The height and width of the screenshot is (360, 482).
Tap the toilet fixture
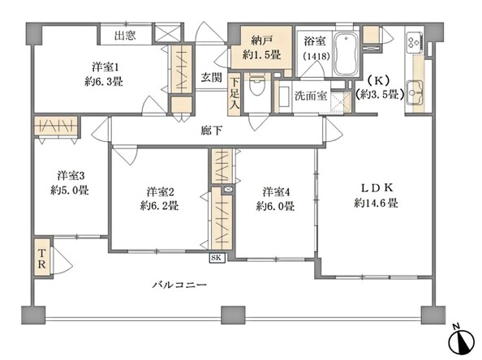(x=255, y=84)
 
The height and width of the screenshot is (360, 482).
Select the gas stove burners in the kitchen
(x=413, y=43)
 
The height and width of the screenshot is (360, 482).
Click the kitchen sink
(x=414, y=92)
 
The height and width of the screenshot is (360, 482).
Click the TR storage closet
(x=42, y=258)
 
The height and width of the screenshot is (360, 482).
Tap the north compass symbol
(x=462, y=341)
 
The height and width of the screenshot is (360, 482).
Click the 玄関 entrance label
(x=212, y=77)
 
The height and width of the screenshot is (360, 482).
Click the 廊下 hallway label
(x=212, y=131)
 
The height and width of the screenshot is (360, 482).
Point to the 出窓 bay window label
(x=125, y=36)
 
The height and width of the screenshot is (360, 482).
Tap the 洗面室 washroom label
(x=311, y=96)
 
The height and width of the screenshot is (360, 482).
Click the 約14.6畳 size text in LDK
(x=377, y=203)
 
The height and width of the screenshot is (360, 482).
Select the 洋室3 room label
(x=71, y=176)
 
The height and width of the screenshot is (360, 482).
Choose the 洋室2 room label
(x=161, y=192)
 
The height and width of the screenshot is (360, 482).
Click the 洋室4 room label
(x=277, y=192)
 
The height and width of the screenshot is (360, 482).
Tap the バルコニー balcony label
(x=179, y=285)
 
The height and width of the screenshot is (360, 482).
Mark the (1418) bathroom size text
(x=316, y=56)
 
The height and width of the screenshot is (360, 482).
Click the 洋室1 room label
(x=105, y=67)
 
